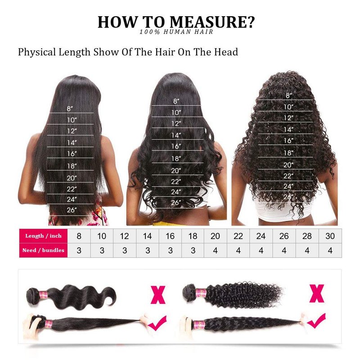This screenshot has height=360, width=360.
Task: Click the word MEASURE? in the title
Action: (x=212, y=22)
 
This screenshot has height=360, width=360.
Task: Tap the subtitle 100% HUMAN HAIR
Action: (x=176, y=31)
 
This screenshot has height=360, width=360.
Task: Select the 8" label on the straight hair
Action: (x=70, y=108)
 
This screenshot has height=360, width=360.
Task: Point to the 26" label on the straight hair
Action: (x=72, y=210)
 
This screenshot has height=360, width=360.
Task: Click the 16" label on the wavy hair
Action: (x=176, y=146)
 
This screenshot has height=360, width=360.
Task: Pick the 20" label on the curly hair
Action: (x=288, y=165)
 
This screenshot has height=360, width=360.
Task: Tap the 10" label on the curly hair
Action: (x=288, y=107)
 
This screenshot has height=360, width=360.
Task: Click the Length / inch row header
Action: (x=43, y=236)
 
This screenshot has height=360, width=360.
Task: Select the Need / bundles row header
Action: (x=43, y=250)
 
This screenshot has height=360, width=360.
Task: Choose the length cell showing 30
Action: (x=330, y=236)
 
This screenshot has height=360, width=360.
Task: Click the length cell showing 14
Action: (x=148, y=236)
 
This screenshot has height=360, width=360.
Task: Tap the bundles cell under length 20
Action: (x=216, y=250)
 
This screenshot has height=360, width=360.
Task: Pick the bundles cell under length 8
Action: (x=79, y=250)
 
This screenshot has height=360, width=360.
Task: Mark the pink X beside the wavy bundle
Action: (x=158, y=295)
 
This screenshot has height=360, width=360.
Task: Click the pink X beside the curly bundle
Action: (x=317, y=293)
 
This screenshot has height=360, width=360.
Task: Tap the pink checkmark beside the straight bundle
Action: (x=157, y=323)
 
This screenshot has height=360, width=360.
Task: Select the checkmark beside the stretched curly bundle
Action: (x=316, y=320)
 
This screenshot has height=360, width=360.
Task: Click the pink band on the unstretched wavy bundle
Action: (x=43, y=295)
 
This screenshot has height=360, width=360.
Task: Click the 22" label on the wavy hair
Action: (x=176, y=182)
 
